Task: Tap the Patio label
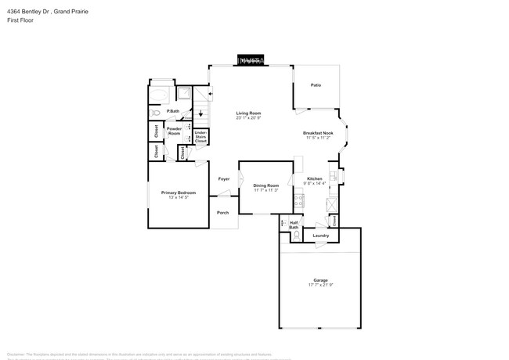tap(316, 85)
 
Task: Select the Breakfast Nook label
tap(319, 133)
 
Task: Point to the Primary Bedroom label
tap(179, 193)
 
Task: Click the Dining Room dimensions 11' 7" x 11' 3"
tap(266, 190)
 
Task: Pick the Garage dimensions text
tap(319, 284)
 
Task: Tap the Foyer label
tap(223, 179)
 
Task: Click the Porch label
tap(223, 213)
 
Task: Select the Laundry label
tap(320, 236)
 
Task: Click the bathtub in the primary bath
tap(161, 96)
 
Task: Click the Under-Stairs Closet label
tap(200, 138)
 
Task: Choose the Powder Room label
tap(174, 131)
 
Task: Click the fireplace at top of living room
tap(251, 60)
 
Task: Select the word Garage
tap(319, 279)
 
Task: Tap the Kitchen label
tap(314, 179)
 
